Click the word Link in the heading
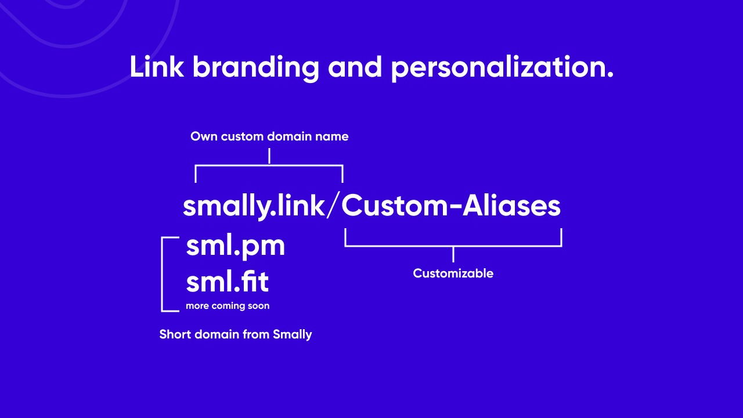point(156,67)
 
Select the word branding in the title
point(256,69)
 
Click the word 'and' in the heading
point(355,67)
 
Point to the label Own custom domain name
point(269,136)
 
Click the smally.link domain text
point(254,206)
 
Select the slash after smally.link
point(333,206)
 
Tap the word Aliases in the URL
point(511,206)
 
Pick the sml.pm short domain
point(236,247)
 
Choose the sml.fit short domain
point(227,282)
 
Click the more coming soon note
point(228,305)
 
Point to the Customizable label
point(453,273)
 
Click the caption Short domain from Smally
point(236,334)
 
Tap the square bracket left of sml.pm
point(162,275)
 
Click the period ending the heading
point(609,75)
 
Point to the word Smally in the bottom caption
point(292,334)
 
